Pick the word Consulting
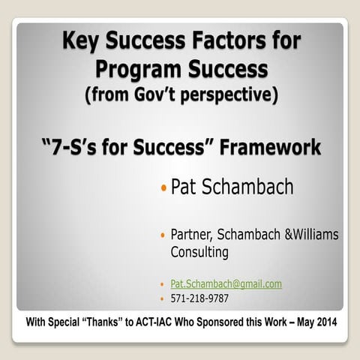(199, 252)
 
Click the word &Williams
(308, 235)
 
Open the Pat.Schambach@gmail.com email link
(226, 283)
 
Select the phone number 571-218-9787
(199, 298)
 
